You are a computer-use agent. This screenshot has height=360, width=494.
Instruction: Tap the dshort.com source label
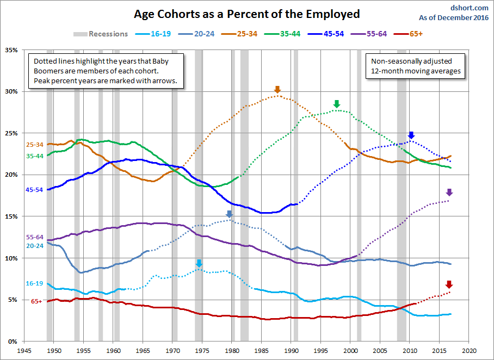(x=469, y=8)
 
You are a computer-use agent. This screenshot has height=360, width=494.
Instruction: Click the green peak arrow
(x=336, y=104)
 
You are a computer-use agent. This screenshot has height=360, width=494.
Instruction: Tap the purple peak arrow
(x=449, y=192)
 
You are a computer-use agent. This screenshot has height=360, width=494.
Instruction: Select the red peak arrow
(x=449, y=284)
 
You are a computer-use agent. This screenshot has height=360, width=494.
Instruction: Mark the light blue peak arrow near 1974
(x=199, y=264)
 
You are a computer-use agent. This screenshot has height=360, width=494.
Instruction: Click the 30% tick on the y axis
(x=11, y=91)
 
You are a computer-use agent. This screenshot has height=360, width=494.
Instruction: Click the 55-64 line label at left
(x=34, y=238)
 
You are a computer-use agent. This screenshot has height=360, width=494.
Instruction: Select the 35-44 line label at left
(x=34, y=156)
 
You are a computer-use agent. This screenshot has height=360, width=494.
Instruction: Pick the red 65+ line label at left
(x=37, y=301)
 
